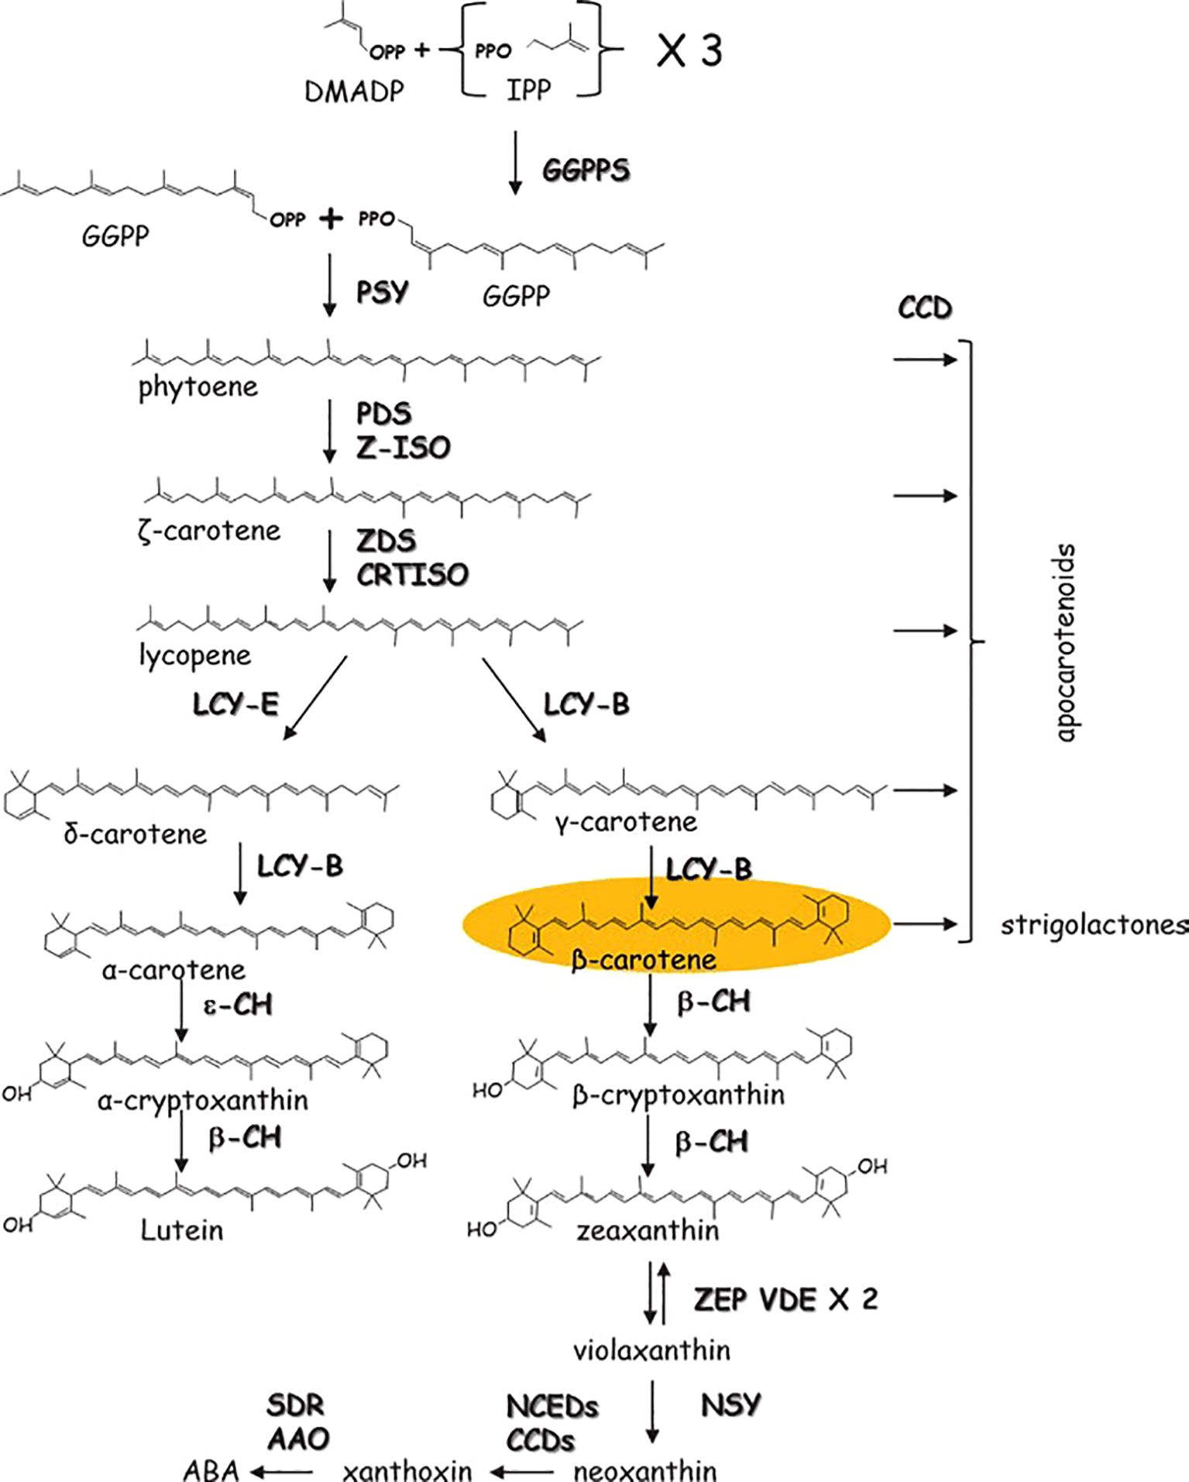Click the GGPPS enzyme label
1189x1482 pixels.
pyautogui.click(x=586, y=170)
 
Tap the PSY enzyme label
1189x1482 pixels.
pyautogui.click(x=382, y=292)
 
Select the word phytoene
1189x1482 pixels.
pyautogui.click(x=198, y=387)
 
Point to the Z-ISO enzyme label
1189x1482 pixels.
pyautogui.click(x=403, y=447)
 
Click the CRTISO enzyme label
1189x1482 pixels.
pyautogui.click(x=412, y=574)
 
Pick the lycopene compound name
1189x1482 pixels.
pyautogui.click(x=195, y=655)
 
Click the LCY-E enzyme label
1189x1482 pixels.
pyautogui.click(x=235, y=704)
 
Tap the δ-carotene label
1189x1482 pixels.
pyautogui.click(x=136, y=834)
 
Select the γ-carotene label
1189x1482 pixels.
pyautogui.click(x=626, y=821)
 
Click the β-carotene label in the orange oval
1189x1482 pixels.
pyautogui.click(x=643, y=960)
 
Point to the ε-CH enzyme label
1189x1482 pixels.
pyautogui.click(x=238, y=1004)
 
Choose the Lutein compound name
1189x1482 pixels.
pyautogui.click(x=181, y=1230)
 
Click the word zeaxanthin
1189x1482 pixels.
pyautogui.click(x=648, y=1230)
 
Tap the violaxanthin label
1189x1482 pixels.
pyautogui.click(x=651, y=1350)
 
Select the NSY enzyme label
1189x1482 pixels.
pyautogui.click(x=730, y=1405)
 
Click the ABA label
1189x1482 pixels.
pyautogui.click(x=211, y=1470)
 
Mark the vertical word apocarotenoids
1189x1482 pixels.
pyautogui.click(x=1067, y=642)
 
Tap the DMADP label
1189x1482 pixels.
pyautogui.click(x=354, y=92)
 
